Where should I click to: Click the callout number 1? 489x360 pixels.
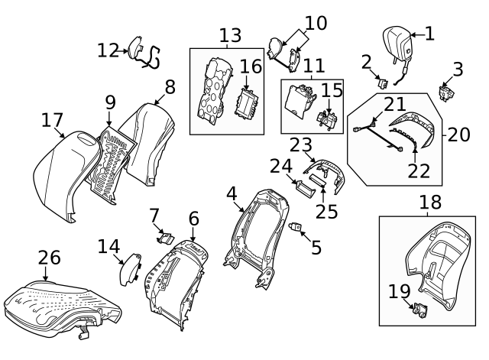click(429, 33)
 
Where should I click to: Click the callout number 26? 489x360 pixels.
click(49, 258)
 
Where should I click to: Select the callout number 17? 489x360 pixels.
click(52, 120)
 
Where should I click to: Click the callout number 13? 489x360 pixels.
click(230, 35)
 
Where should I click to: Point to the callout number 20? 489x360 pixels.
click(458, 135)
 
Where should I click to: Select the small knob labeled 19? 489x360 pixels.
click(419, 310)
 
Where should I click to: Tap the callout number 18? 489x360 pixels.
click(431, 202)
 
